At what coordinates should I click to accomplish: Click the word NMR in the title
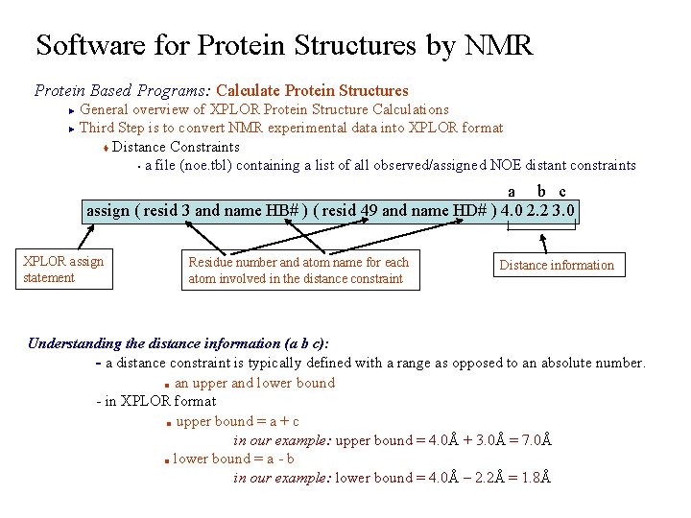click(x=498, y=45)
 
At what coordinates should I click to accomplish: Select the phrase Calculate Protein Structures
click(x=312, y=90)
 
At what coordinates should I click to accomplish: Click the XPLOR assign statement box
click(x=63, y=269)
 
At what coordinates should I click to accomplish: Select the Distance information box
click(x=556, y=265)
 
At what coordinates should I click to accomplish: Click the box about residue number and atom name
click(x=298, y=270)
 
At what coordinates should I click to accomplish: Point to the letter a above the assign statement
click(x=511, y=192)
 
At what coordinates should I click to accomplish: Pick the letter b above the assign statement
click(x=541, y=192)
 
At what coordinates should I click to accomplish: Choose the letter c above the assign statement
click(x=562, y=192)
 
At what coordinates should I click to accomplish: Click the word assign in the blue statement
click(x=108, y=210)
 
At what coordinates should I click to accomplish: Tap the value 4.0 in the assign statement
click(x=512, y=210)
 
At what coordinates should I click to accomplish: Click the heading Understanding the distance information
click(x=179, y=343)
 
